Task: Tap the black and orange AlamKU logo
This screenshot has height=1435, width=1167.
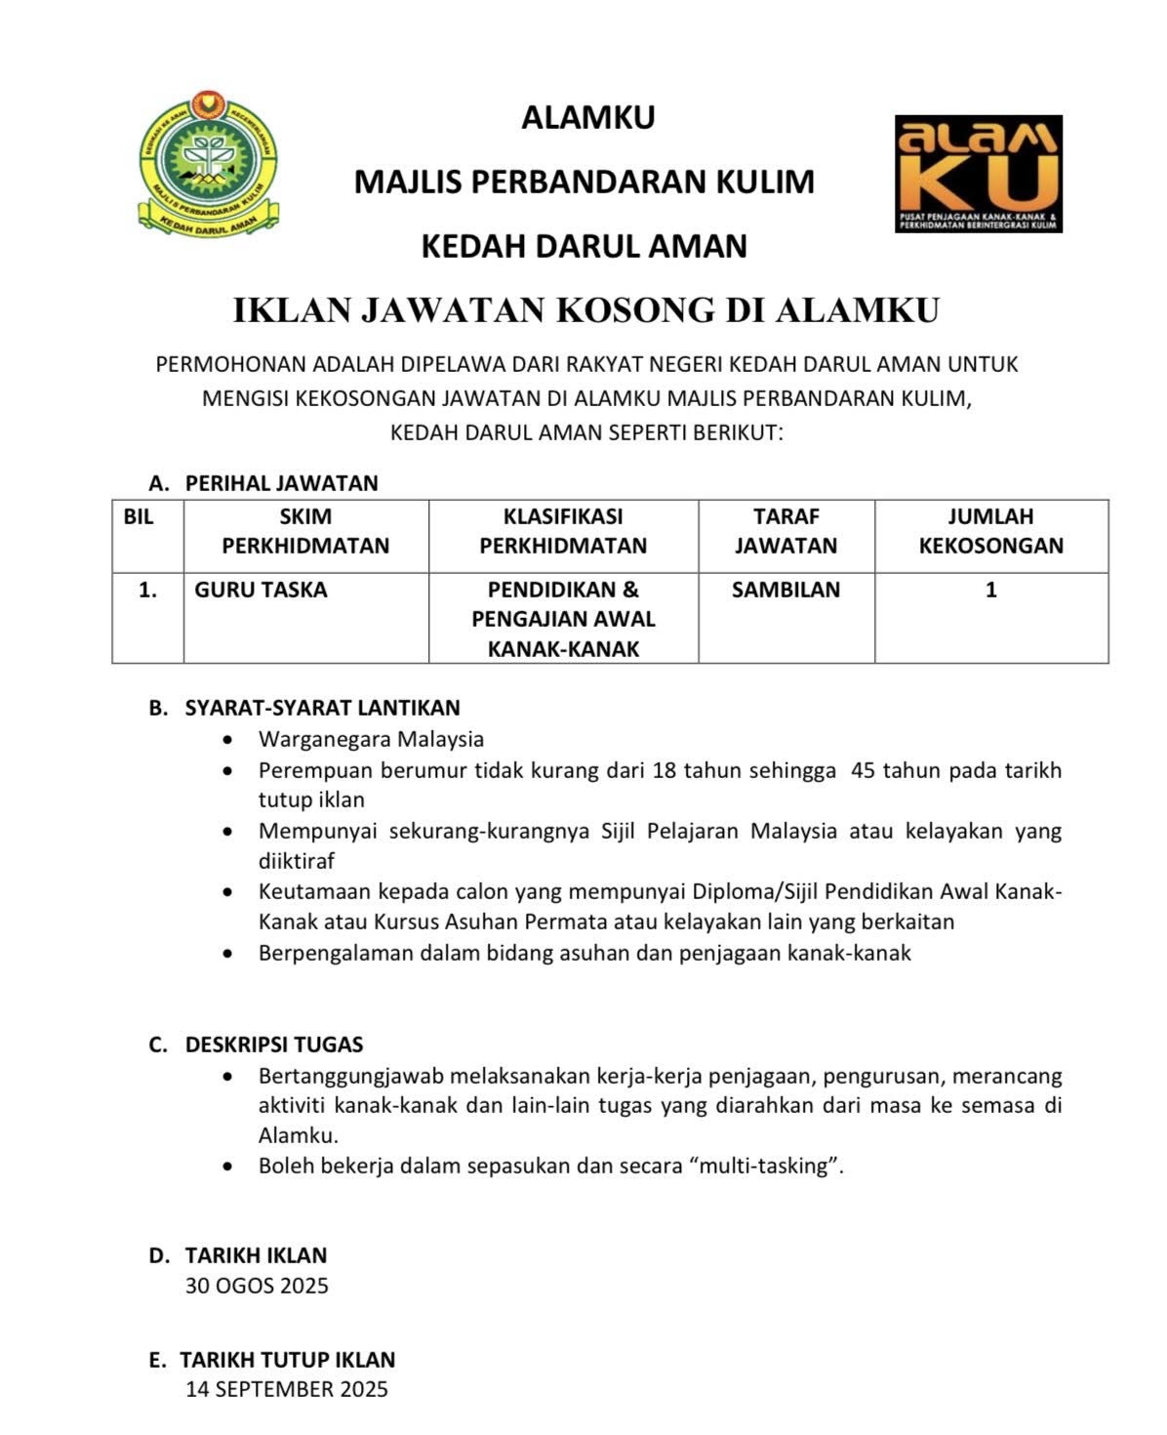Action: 978,173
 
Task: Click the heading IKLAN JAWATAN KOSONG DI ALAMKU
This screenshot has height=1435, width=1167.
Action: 585,310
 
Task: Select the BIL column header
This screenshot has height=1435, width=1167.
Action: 139,517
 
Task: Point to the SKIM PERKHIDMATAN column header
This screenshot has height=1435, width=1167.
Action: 305,531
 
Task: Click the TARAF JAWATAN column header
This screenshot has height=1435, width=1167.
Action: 785,531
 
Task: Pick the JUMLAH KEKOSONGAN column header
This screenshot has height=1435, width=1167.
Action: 990,531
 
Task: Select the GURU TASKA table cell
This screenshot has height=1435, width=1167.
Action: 261,590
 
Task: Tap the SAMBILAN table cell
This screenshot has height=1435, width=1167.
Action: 785,590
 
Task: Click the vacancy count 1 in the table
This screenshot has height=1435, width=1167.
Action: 991,590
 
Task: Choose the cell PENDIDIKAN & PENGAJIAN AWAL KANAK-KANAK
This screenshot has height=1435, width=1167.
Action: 563,619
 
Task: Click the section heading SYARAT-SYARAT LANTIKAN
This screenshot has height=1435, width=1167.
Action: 322,708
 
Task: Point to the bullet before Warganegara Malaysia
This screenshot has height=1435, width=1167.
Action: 228,740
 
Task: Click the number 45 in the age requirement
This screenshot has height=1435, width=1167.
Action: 864,769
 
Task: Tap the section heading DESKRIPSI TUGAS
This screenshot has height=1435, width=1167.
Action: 273,1045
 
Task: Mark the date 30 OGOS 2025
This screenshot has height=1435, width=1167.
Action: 257,1286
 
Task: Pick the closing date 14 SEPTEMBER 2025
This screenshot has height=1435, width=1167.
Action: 287,1389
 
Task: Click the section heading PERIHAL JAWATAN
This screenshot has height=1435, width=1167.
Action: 281,483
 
